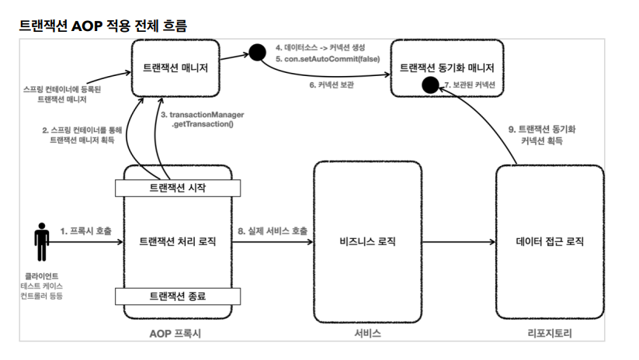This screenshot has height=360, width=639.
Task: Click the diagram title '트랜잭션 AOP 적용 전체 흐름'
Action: [x=102, y=26]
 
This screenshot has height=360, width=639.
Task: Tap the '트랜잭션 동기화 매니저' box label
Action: [x=446, y=68]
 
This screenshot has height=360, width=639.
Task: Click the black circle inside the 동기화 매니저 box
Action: [x=427, y=84]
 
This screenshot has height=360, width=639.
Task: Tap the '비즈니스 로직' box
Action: [x=366, y=242]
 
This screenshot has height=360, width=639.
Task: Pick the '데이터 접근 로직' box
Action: [x=549, y=242]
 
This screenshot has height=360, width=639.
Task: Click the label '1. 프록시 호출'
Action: [x=85, y=231]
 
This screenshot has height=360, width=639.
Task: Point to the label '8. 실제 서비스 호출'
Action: [x=272, y=231]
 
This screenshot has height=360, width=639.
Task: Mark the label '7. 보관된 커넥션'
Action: [x=469, y=84]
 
